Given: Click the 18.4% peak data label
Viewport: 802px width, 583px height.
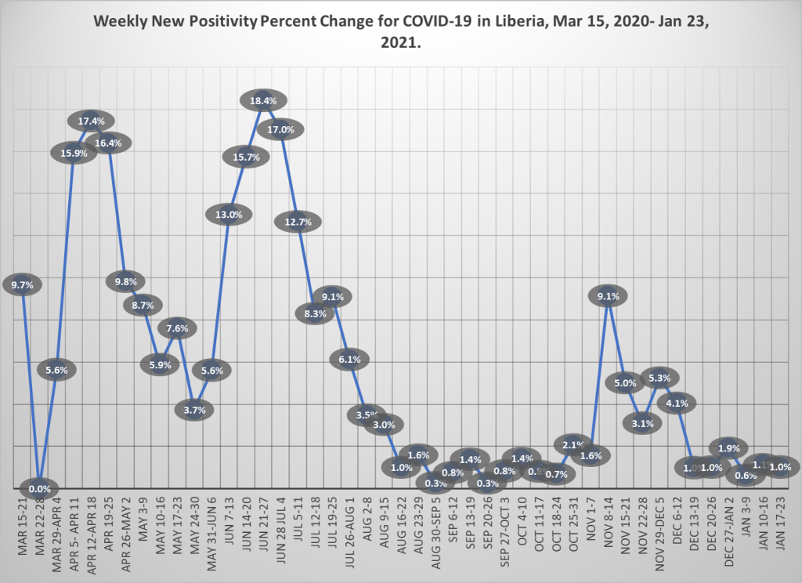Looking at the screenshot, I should [x=263, y=100].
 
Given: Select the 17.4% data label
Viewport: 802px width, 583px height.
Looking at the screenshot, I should [x=97, y=121].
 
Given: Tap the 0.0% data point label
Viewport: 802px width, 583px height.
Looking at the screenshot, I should [x=39, y=489].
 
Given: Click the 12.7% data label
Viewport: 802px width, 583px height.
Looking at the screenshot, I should [x=298, y=222].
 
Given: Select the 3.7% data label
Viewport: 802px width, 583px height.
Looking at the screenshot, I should [x=195, y=410].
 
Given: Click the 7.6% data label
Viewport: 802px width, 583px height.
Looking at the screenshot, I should [x=178, y=328].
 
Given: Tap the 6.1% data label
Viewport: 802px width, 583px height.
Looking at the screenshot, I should [x=349, y=360].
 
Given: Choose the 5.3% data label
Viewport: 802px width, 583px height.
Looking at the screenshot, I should [x=659, y=378].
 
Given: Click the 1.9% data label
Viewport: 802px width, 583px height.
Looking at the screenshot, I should [x=728, y=449].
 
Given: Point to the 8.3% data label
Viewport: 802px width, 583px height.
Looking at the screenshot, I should [x=315, y=314].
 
